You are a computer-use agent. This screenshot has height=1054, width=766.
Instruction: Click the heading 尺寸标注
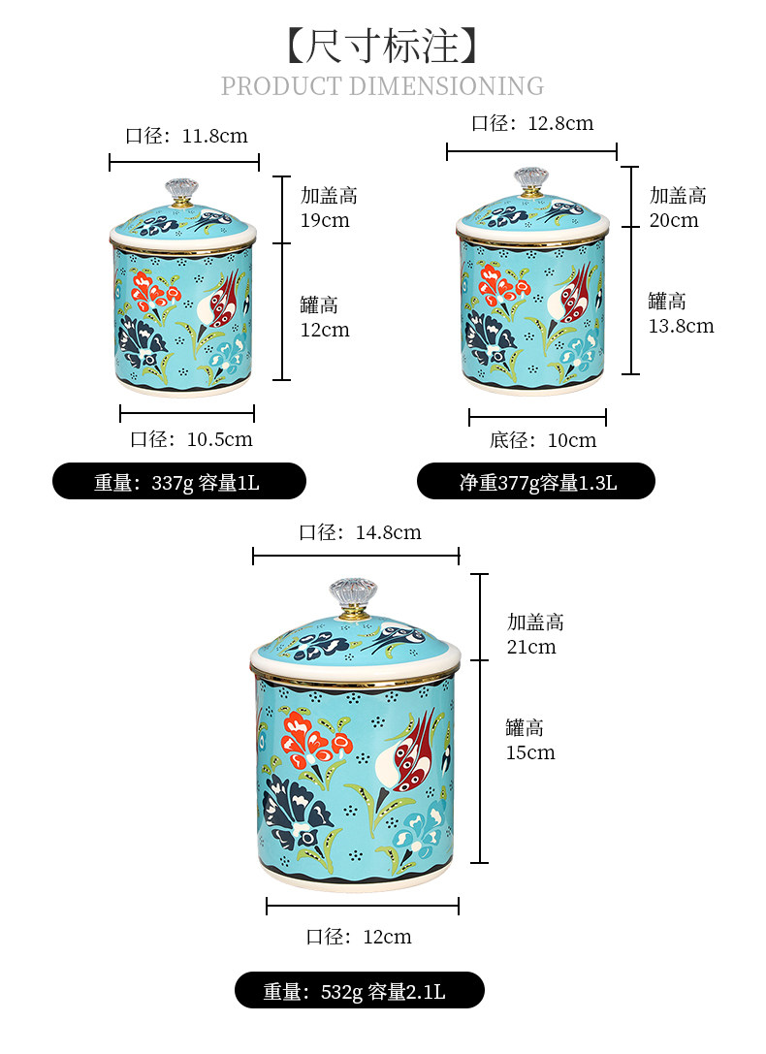[x=383, y=44]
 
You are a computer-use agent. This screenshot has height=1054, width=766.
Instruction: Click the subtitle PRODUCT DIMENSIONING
[x=382, y=86]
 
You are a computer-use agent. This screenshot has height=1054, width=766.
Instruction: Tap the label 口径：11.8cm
[x=186, y=136]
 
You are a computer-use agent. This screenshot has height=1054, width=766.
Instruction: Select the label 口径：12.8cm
[x=531, y=123]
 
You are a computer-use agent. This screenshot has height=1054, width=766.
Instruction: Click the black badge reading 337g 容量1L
[x=178, y=482]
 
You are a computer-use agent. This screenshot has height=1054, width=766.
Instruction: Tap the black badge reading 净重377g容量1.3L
[x=536, y=482]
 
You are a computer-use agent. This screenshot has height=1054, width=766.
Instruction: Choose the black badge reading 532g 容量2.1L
[x=359, y=991]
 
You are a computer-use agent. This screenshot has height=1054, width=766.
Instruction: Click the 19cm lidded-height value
[x=324, y=220]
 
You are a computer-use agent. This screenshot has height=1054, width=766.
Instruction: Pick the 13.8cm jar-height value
[x=681, y=326]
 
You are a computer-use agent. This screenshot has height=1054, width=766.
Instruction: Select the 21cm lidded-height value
[x=531, y=647]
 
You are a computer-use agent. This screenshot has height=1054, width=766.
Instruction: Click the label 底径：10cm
[x=543, y=440]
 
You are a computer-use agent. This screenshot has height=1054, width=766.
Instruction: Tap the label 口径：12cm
[x=359, y=937]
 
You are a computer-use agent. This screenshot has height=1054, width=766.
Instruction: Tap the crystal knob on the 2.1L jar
[x=352, y=595]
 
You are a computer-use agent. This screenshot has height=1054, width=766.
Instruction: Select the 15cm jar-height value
[x=530, y=752]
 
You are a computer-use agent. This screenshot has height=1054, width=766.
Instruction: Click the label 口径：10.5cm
[x=191, y=439]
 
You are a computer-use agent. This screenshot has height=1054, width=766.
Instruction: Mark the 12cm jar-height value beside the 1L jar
[x=324, y=330]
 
